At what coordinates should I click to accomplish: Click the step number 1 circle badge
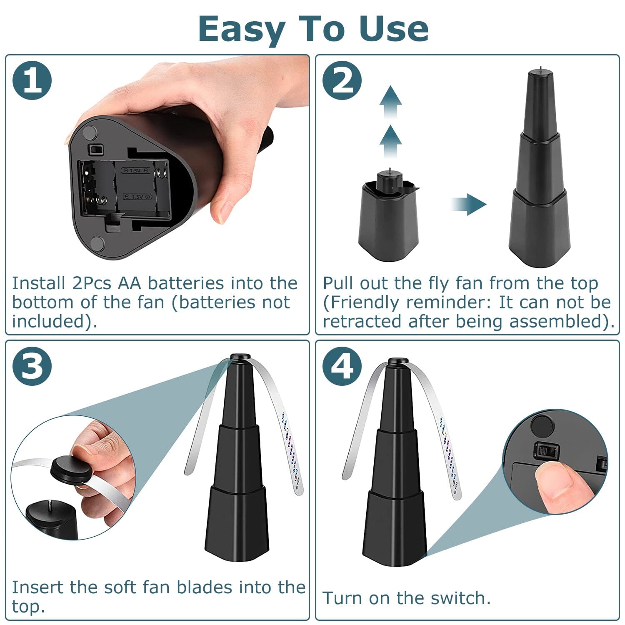click(x=32, y=80)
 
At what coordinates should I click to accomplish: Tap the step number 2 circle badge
click(x=342, y=80)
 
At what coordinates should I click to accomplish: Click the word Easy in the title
click(x=242, y=29)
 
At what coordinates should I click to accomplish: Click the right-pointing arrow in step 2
click(x=470, y=204)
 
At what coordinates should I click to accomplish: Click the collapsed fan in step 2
click(x=388, y=217)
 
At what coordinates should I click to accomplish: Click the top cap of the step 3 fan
click(x=240, y=357)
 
